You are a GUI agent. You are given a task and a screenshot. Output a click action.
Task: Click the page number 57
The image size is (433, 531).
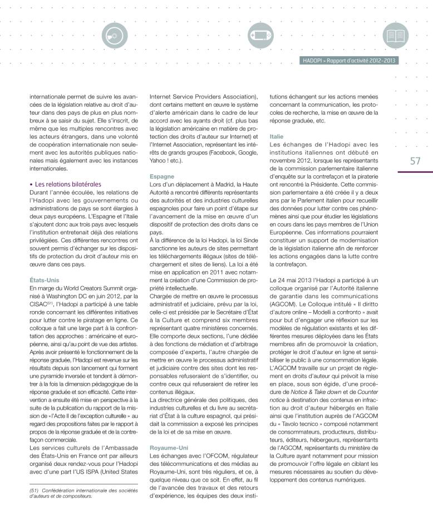coord(415,161)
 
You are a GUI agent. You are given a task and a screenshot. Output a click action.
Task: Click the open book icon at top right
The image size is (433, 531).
coord(396,35)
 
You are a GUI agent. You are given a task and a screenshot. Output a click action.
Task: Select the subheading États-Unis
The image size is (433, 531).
coord(44,280)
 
